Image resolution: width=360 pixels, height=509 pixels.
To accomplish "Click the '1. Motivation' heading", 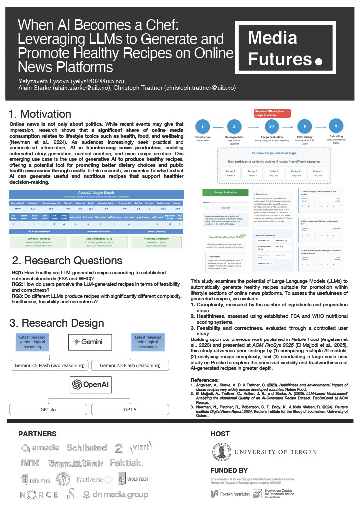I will click(x=40, y=114).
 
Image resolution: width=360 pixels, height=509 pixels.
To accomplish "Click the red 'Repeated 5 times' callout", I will click(x=269, y=113).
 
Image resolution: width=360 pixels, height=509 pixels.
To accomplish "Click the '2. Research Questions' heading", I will click(x=67, y=260).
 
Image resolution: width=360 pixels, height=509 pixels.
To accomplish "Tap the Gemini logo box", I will click(x=95, y=341).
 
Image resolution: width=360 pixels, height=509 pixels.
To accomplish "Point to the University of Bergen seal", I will click(x=219, y=453).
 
